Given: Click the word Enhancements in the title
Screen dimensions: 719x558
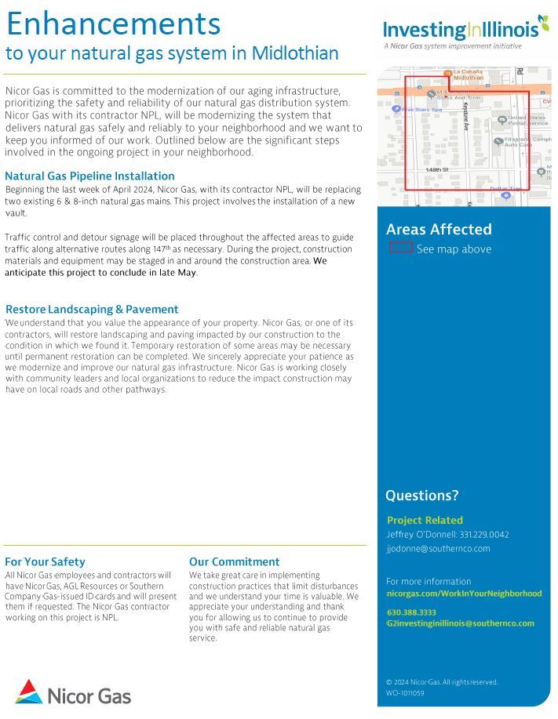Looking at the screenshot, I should point(113,24).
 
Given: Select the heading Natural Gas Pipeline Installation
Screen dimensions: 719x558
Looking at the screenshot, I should point(89,176).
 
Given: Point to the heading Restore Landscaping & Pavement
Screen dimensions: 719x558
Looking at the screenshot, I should point(92,309).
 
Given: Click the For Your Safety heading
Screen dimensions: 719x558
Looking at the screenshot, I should point(45,561).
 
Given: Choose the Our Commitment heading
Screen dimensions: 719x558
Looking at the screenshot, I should point(234,561).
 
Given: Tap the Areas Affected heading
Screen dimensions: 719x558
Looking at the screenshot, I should point(439,229).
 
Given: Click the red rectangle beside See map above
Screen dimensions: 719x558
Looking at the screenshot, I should point(400,248).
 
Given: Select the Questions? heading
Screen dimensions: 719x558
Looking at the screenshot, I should point(421,496).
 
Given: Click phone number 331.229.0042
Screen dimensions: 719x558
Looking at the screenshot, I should point(483,535).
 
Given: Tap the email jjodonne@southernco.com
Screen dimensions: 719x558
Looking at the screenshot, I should point(438,549).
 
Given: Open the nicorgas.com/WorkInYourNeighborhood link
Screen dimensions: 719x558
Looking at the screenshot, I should point(464,594).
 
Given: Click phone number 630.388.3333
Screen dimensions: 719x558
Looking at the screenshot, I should point(411,612).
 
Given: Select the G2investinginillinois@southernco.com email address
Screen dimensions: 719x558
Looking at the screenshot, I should point(460,623).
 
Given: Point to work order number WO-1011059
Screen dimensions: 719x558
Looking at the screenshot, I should point(405,693).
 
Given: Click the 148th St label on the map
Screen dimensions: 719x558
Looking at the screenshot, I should point(436,169).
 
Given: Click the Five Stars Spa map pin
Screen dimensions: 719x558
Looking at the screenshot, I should point(397,109).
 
